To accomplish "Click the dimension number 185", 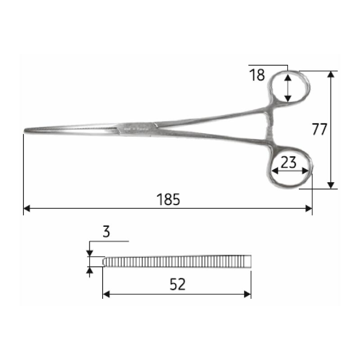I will coord(169,199).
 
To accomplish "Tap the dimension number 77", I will coord(319,129).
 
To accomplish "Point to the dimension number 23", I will coord(288,162).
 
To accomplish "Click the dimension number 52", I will coord(177,284).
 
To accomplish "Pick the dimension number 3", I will coord(106,232).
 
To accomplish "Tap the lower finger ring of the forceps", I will coord(291,171).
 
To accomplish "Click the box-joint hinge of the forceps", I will coord(135,129).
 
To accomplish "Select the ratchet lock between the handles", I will coord(270,126).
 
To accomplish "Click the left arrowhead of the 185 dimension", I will coord(26,208).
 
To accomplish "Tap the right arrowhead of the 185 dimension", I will coord(309,208).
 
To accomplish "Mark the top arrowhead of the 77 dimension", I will coord(331,74).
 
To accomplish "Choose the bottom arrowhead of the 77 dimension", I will coord(331,185).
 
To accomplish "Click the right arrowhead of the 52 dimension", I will coord(247,294).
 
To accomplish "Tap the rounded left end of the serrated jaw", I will coord(105,261).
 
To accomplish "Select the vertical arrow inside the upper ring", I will coord(288,88).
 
